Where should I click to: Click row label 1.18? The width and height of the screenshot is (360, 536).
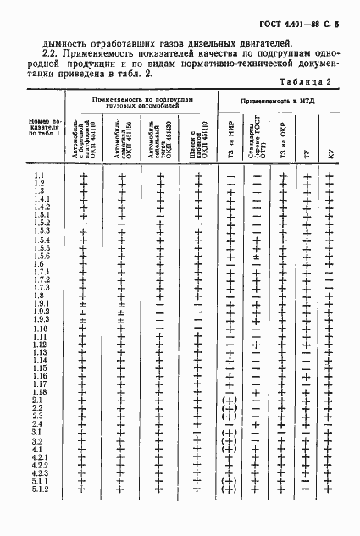pyautogui.click(x=39, y=416)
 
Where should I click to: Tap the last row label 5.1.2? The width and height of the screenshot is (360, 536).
pyautogui.click(x=42, y=512)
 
